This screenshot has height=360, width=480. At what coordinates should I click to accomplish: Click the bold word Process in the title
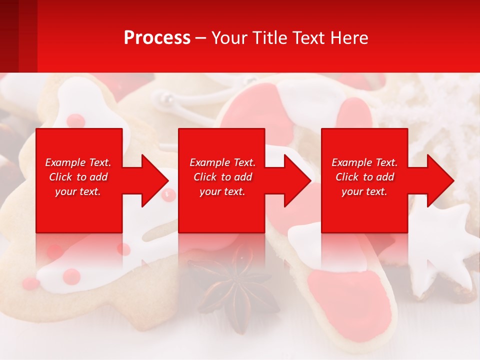(x=157, y=38)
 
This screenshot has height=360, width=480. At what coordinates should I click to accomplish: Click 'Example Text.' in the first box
(x=78, y=162)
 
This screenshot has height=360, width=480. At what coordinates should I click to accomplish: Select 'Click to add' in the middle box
(x=222, y=177)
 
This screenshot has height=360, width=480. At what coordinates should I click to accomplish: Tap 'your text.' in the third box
(x=364, y=191)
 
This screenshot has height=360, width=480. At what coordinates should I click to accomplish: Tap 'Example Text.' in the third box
(x=364, y=162)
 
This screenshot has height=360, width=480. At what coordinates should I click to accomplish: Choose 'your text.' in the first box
(x=78, y=191)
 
